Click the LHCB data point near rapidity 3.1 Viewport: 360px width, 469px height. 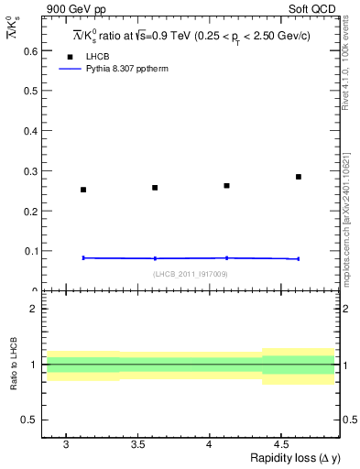[x=83, y=190]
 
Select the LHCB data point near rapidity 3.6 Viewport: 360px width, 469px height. [x=155, y=188]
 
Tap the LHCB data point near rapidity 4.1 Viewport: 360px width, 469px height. [x=226, y=186]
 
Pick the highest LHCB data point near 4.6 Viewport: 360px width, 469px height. [x=299, y=177]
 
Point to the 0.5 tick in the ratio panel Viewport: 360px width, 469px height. [x=27, y=420]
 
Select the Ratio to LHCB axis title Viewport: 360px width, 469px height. [x=12, y=365]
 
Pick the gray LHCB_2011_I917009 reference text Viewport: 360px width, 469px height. [x=191, y=274]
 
